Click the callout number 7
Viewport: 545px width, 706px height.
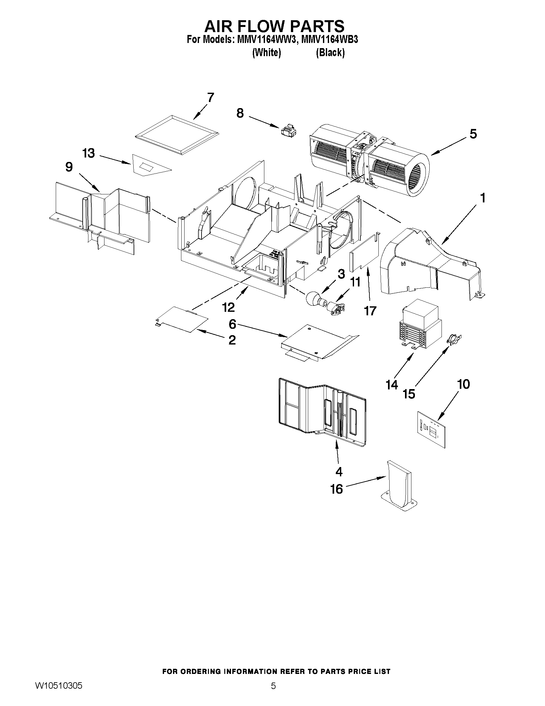coord(211,97)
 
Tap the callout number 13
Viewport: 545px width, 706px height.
coord(88,153)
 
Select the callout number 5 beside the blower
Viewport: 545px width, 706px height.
coord(473,134)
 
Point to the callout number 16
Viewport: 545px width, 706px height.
coord(336,489)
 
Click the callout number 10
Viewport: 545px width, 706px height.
coord(463,384)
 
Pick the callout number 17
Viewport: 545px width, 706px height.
coord(370,310)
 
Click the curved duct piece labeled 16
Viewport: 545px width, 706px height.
coord(399,486)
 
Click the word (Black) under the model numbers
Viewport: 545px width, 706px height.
coord(330,52)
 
